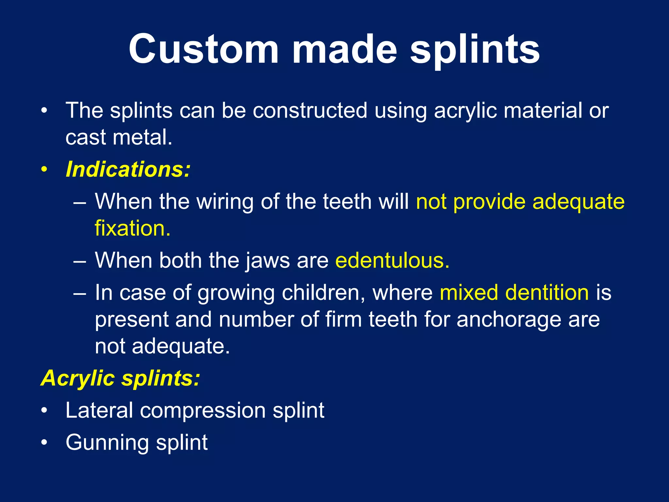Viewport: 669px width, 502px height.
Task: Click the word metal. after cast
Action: (x=142, y=137)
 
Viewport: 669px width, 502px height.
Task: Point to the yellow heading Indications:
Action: (x=128, y=169)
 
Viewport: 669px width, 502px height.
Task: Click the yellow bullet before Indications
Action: (x=44, y=170)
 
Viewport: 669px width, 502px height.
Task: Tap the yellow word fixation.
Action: (x=133, y=228)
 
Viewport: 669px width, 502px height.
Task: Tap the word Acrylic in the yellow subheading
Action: (x=78, y=378)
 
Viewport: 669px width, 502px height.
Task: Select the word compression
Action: (x=203, y=410)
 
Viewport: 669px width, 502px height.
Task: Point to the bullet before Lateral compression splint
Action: (x=44, y=410)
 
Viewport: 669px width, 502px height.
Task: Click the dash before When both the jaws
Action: (x=80, y=261)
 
